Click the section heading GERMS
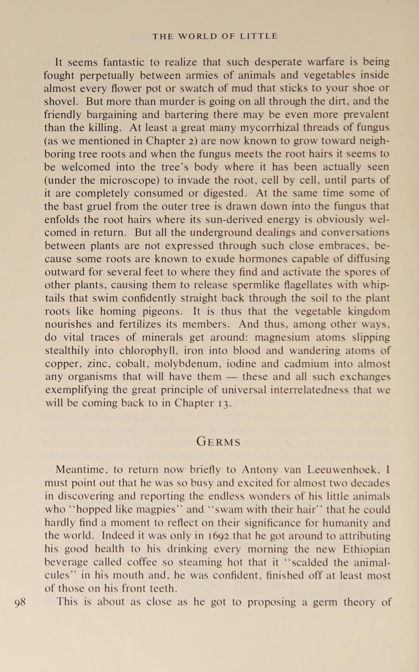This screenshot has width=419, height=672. [x=218, y=441]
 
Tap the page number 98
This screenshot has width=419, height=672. [x=20, y=602]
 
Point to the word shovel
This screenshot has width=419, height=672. [x=60, y=101]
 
